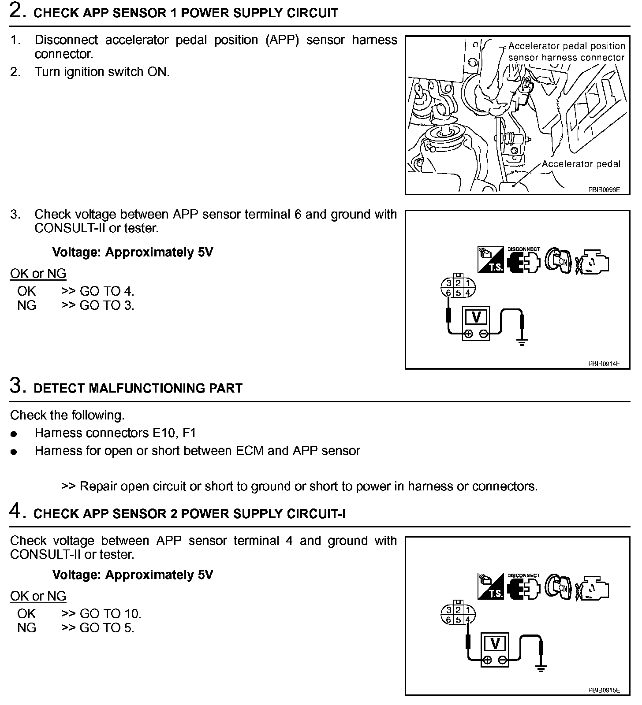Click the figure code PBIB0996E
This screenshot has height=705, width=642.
coord(604,190)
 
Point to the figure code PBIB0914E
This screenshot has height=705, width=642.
coord(604,364)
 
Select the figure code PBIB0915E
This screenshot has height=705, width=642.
coord(604,690)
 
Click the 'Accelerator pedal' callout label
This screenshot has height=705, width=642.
coord(581,164)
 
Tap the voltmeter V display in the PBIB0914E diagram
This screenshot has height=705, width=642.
coord(476,317)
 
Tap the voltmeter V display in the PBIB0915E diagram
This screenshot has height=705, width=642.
coord(495,644)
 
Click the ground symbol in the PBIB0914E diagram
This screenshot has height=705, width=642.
coord(522,342)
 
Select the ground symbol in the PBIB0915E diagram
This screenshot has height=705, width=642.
coord(540,668)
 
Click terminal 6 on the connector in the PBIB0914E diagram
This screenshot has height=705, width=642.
coord(448,293)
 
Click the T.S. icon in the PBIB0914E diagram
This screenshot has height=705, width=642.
coord(491,260)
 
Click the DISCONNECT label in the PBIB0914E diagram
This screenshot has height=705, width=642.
coord(523,249)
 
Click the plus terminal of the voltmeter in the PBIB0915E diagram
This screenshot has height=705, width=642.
coord(487,660)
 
